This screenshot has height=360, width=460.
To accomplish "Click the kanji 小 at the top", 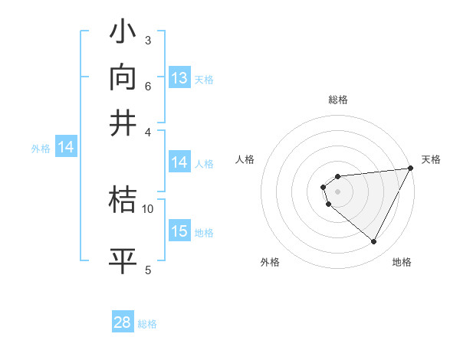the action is tap(123, 34).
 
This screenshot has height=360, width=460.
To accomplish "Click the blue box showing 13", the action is tap(179, 78).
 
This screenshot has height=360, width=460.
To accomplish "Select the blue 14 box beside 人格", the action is tap(179, 162).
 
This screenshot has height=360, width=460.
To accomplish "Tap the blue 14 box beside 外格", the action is tap(65, 148).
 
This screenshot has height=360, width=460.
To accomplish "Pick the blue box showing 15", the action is tap(179, 232).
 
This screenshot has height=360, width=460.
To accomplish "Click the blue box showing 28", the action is tap(123, 322).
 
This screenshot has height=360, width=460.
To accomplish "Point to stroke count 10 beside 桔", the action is tap(148, 208).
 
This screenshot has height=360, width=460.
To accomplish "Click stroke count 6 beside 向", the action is tap(148, 86).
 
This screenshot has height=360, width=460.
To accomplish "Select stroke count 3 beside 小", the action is tap(148, 41).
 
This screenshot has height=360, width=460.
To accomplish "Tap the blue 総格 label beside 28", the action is tap(147, 324).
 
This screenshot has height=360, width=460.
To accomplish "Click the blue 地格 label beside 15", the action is tap(204, 233).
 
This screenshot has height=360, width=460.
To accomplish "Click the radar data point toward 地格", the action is tap(374, 242).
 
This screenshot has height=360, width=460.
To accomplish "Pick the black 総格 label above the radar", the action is tap(337, 100).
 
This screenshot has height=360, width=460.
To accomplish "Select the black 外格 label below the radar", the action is tap(270, 262).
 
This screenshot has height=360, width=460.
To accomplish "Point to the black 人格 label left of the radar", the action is tap(245, 159).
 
